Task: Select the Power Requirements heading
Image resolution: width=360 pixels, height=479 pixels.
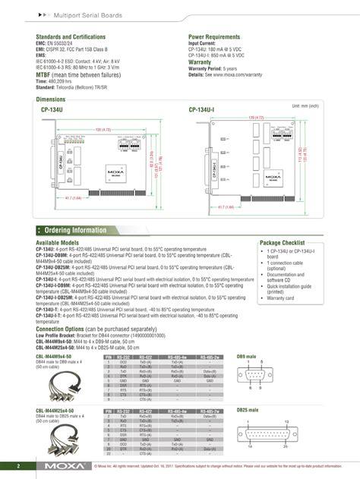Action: click(216, 36)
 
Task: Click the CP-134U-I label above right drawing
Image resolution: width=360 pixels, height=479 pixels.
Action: click(201, 110)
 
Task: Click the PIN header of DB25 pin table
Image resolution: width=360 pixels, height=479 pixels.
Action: click(109, 410)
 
